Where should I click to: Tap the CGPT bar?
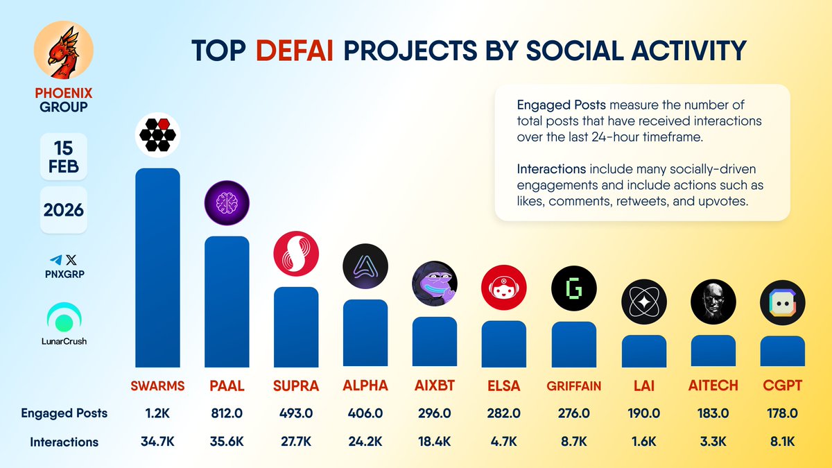coord(782,352)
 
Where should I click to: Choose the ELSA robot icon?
coord(504,287)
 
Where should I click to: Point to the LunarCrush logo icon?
coord(64,318)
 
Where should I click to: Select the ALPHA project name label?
coord(365,385)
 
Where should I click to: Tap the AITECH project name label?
coord(713,385)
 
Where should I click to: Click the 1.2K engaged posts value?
coord(157,413)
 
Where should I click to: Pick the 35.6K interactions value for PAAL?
coord(227,441)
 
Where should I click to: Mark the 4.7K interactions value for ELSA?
coord(504,441)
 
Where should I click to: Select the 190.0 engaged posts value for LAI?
coord(643,413)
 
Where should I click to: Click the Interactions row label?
coord(64,442)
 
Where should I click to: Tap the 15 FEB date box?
coord(64,157)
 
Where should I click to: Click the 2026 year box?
coord(64,209)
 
